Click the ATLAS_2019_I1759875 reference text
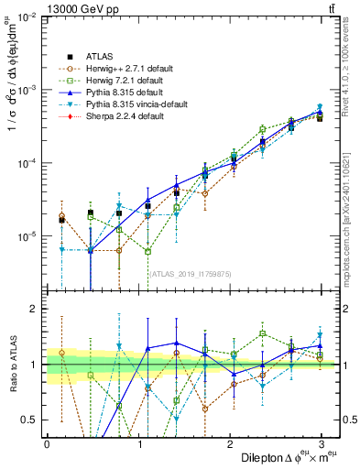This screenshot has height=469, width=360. [189, 273]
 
